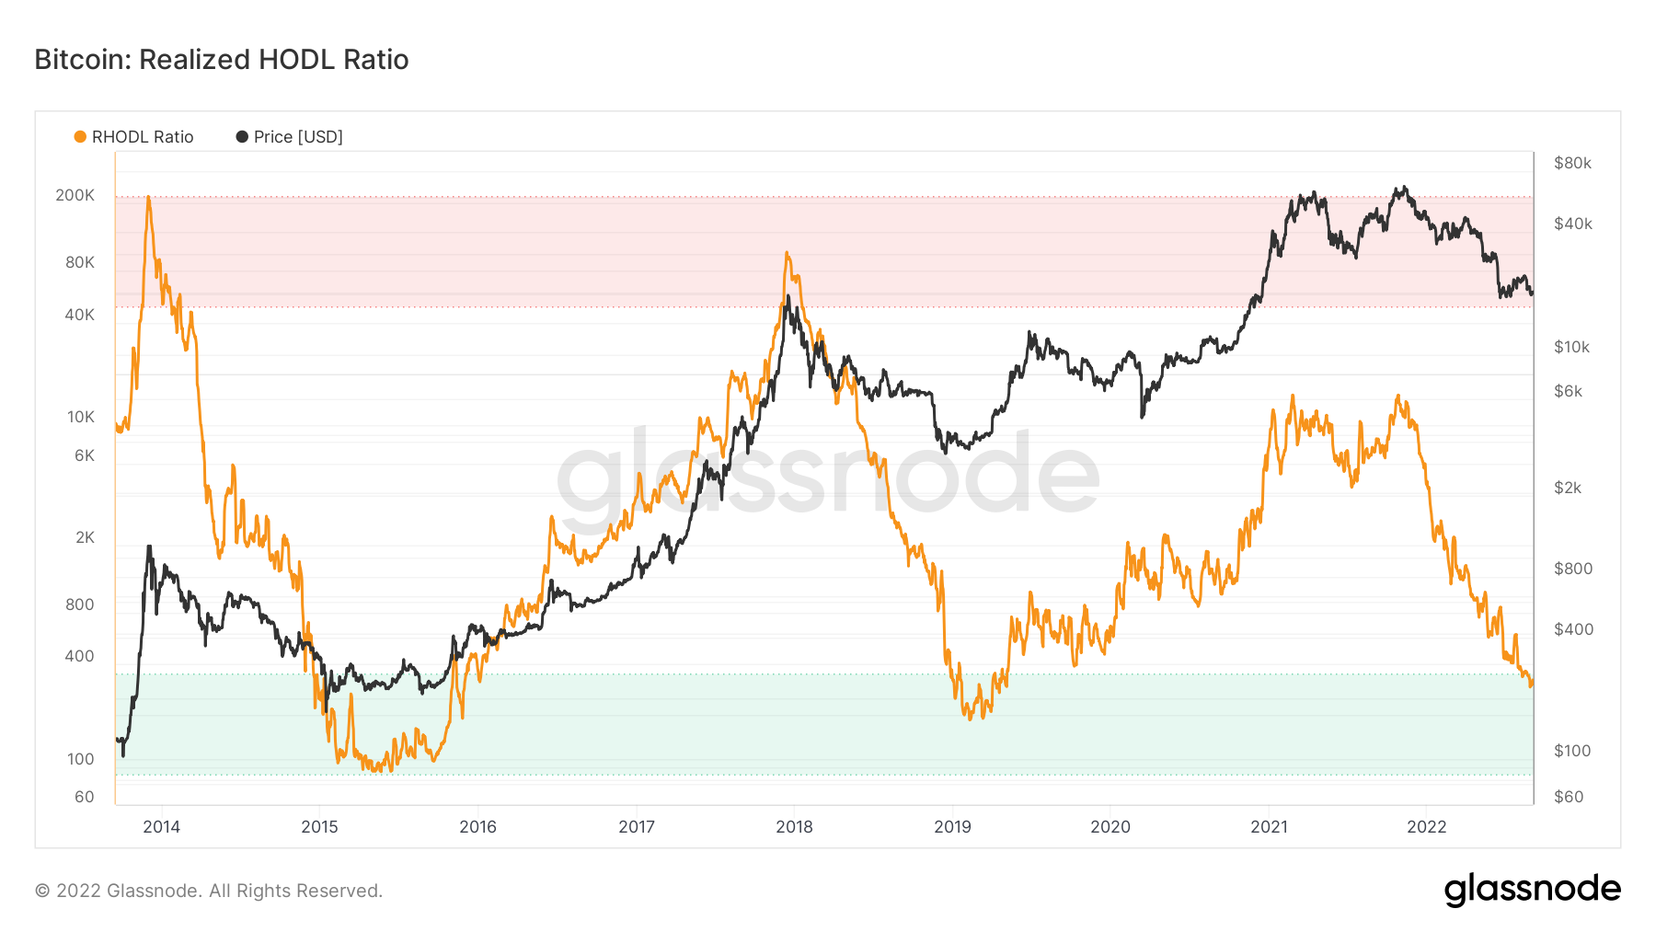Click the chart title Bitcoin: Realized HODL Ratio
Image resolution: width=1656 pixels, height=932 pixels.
click(x=221, y=59)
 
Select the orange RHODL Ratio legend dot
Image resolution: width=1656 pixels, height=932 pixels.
click(x=80, y=136)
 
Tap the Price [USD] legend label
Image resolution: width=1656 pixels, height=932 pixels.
click(x=297, y=136)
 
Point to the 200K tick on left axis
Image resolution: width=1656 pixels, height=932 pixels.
click(x=75, y=195)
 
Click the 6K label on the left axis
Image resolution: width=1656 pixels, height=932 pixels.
click(x=84, y=455)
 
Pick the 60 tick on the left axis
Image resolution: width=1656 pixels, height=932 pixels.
click(x=84, y=797)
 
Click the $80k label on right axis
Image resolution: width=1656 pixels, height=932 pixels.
click(x=1572, y=163)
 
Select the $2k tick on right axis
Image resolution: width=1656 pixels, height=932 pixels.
click(x=1568, y=488)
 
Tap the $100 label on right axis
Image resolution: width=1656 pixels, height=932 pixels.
click(x=1571, y=751)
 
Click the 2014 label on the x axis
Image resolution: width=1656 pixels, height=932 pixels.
click(x=161, y=826)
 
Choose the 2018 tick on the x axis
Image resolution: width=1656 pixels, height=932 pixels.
click(x=794, y=826)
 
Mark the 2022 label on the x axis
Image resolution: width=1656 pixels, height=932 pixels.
click(x=1427, y=826)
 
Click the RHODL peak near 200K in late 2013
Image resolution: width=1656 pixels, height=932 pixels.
click(x=148, y=197)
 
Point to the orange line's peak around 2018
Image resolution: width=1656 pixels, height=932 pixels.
click(x=787, y=252)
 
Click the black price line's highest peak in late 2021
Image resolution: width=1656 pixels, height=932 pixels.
click(x=1399, y=188)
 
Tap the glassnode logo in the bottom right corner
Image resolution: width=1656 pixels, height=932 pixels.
click(x=1532, y=890)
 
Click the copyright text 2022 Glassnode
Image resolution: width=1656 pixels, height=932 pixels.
click(x=209, y=891)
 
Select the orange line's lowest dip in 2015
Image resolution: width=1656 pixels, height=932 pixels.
click(x=378, y=770)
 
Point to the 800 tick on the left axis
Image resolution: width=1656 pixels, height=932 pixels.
click(x=79, y=604)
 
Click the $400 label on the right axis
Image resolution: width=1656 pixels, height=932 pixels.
click(x=1572, y=629)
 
